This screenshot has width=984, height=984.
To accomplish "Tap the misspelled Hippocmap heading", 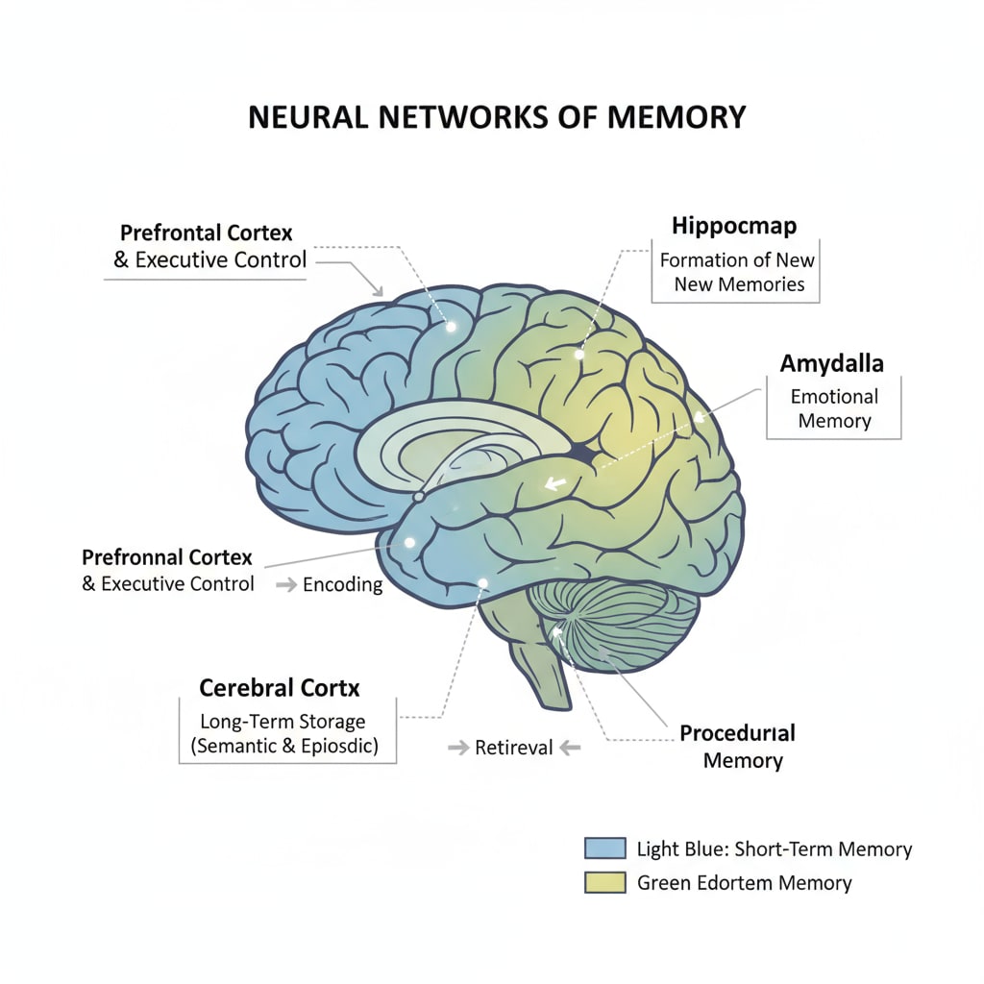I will [733, 227].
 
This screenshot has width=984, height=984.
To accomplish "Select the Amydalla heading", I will [832, 363].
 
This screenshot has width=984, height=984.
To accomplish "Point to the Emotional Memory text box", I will [833, 408].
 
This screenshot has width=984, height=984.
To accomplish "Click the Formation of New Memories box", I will [736, 272].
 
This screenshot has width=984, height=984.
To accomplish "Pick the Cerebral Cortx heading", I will [280, 688].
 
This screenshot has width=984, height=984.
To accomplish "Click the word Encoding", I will [343, 584].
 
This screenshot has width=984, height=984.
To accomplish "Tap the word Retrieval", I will [514, 747].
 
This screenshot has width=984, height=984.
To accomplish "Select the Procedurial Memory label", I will [738, 747].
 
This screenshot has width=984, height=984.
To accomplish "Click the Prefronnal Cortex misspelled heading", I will [167, 557].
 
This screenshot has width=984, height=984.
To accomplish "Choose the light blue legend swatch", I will [599, 849].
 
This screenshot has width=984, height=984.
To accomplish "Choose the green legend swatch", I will [599, 882].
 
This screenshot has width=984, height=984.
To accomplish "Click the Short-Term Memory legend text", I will [775, 849].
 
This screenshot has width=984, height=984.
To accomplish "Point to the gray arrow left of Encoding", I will [285, 584].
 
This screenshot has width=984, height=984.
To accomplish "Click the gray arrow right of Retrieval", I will [570, 747].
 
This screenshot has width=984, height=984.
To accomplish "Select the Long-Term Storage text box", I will [287, 732].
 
